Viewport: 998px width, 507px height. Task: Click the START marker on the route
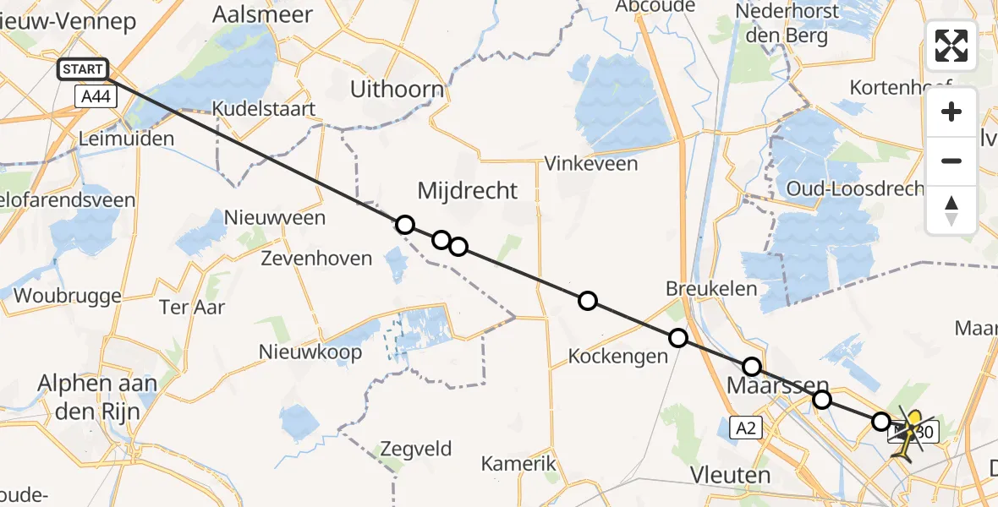(x=83, y=69)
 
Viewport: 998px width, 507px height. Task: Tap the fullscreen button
(x=951, y=46)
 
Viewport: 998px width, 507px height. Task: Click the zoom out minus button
(x=951, y=161)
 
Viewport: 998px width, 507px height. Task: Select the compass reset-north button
(x=951, y=210)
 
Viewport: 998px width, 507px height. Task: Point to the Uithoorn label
(x=398, y=90)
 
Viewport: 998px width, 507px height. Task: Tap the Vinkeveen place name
(x=591, y=163)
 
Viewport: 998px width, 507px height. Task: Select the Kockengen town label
(x=618, y=357)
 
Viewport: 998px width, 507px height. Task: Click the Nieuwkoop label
(x=310, y=352)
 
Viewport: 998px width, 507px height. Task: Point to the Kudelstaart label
(x=264, y=109)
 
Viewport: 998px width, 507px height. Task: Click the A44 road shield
(x=96, y=97)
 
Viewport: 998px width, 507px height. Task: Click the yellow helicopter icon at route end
(x=912, y=433)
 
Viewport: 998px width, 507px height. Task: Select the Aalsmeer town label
(x=263, y=14)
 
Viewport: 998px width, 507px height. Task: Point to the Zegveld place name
(x=416, y=449)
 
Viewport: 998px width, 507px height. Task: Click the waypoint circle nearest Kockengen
(x=678, y=338)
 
